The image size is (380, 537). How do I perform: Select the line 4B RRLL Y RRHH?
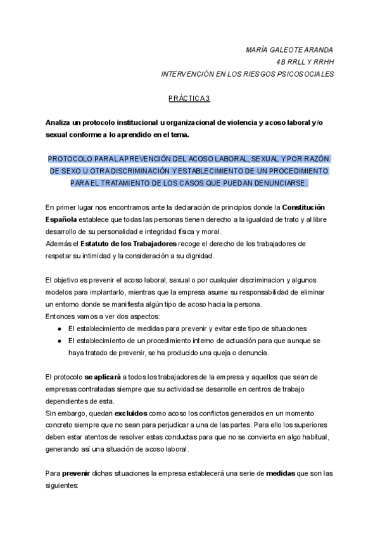tap(305, 62)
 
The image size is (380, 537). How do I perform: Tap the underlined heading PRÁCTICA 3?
tap(189, 98)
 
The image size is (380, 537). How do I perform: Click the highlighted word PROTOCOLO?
tap(70, 159)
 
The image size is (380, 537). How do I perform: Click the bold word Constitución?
tap(306, 208)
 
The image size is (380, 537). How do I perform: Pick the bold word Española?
tap(63, 220)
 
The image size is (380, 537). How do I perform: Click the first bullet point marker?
tap(59, 329)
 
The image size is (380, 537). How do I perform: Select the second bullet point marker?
tap(59, 341)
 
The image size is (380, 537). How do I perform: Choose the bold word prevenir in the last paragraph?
tap(77, 474)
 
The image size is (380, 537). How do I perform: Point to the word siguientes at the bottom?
tap(62, 486)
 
